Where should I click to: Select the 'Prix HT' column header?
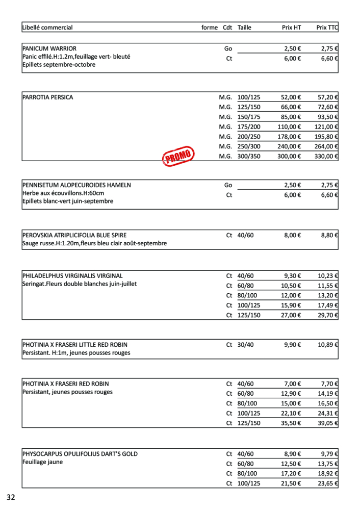(291, 28)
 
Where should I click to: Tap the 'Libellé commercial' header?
(47, 28)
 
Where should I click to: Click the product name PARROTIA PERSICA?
(48, 97)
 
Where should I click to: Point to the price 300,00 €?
(289, 157)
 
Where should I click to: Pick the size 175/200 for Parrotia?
(249, 127)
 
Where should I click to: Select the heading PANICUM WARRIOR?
(49, 48)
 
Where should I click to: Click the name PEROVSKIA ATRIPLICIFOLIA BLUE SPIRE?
(74, 236)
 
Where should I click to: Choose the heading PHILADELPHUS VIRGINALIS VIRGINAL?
(72, 276)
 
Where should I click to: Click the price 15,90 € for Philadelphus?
(291, 305)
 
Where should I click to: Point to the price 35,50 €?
(291, 423)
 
